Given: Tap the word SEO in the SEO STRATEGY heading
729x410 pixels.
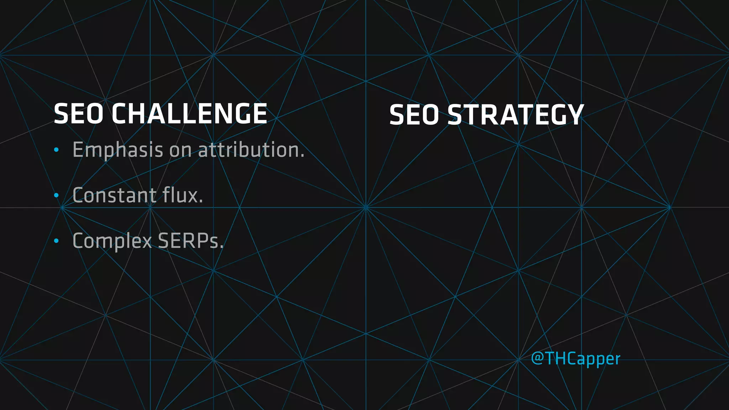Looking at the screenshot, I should click(414, 115).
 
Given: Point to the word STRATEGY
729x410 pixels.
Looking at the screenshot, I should click(515, 115).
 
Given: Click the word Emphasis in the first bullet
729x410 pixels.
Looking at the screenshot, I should click(118, 150).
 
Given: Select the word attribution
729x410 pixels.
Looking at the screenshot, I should click(251, 150).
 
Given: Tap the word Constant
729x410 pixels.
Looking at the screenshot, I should click(114, 195).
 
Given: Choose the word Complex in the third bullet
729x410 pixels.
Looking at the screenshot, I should click(112, 241).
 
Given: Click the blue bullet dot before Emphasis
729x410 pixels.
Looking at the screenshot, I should click(56, 150).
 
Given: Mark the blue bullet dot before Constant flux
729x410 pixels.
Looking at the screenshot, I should click(56, 195).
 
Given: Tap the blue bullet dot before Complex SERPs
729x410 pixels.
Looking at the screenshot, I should click(56, 241).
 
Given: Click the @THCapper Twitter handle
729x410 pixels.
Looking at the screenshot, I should click(576, 358).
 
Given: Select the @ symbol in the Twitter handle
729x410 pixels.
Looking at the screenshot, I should click(537, 358).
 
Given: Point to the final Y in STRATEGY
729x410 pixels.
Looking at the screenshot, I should click(574, 115).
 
